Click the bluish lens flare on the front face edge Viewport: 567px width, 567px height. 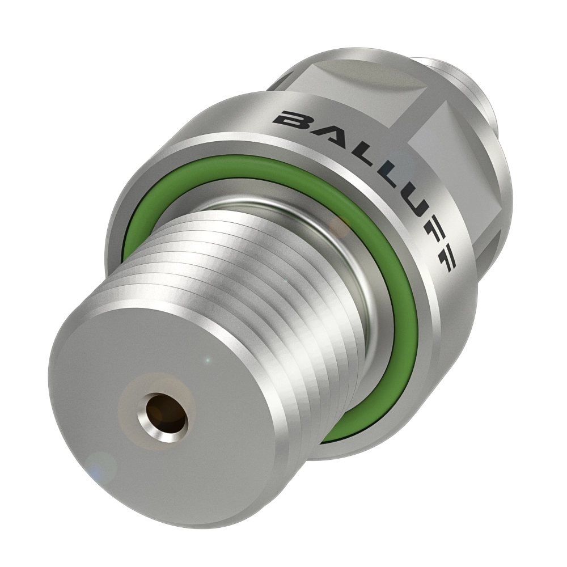(x=102, y=468)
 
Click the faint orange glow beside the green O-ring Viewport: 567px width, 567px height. (x=341, y=227)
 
